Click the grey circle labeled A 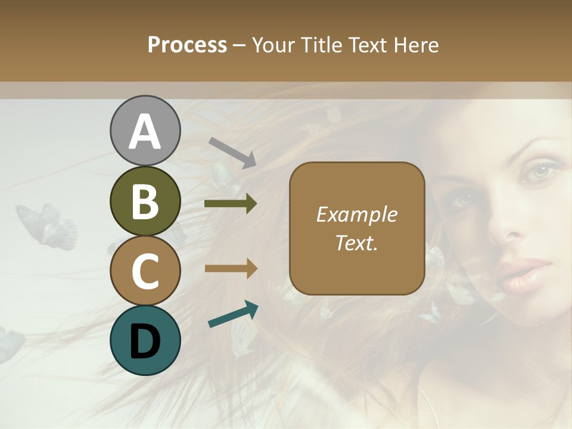(x=145, y=130)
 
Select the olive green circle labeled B (x=145, y=201)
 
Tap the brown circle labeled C (x=145, y=271)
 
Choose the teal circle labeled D (x=145, y=340)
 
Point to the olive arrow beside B (x=231, y=204)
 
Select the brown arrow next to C (x=231, y=269)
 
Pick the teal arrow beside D (x=233, y=314)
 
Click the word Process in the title (x=187, y=45)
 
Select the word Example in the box (x=356, y=214)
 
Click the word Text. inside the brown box (x=356, y=243)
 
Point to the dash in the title (x=240, y=45)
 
